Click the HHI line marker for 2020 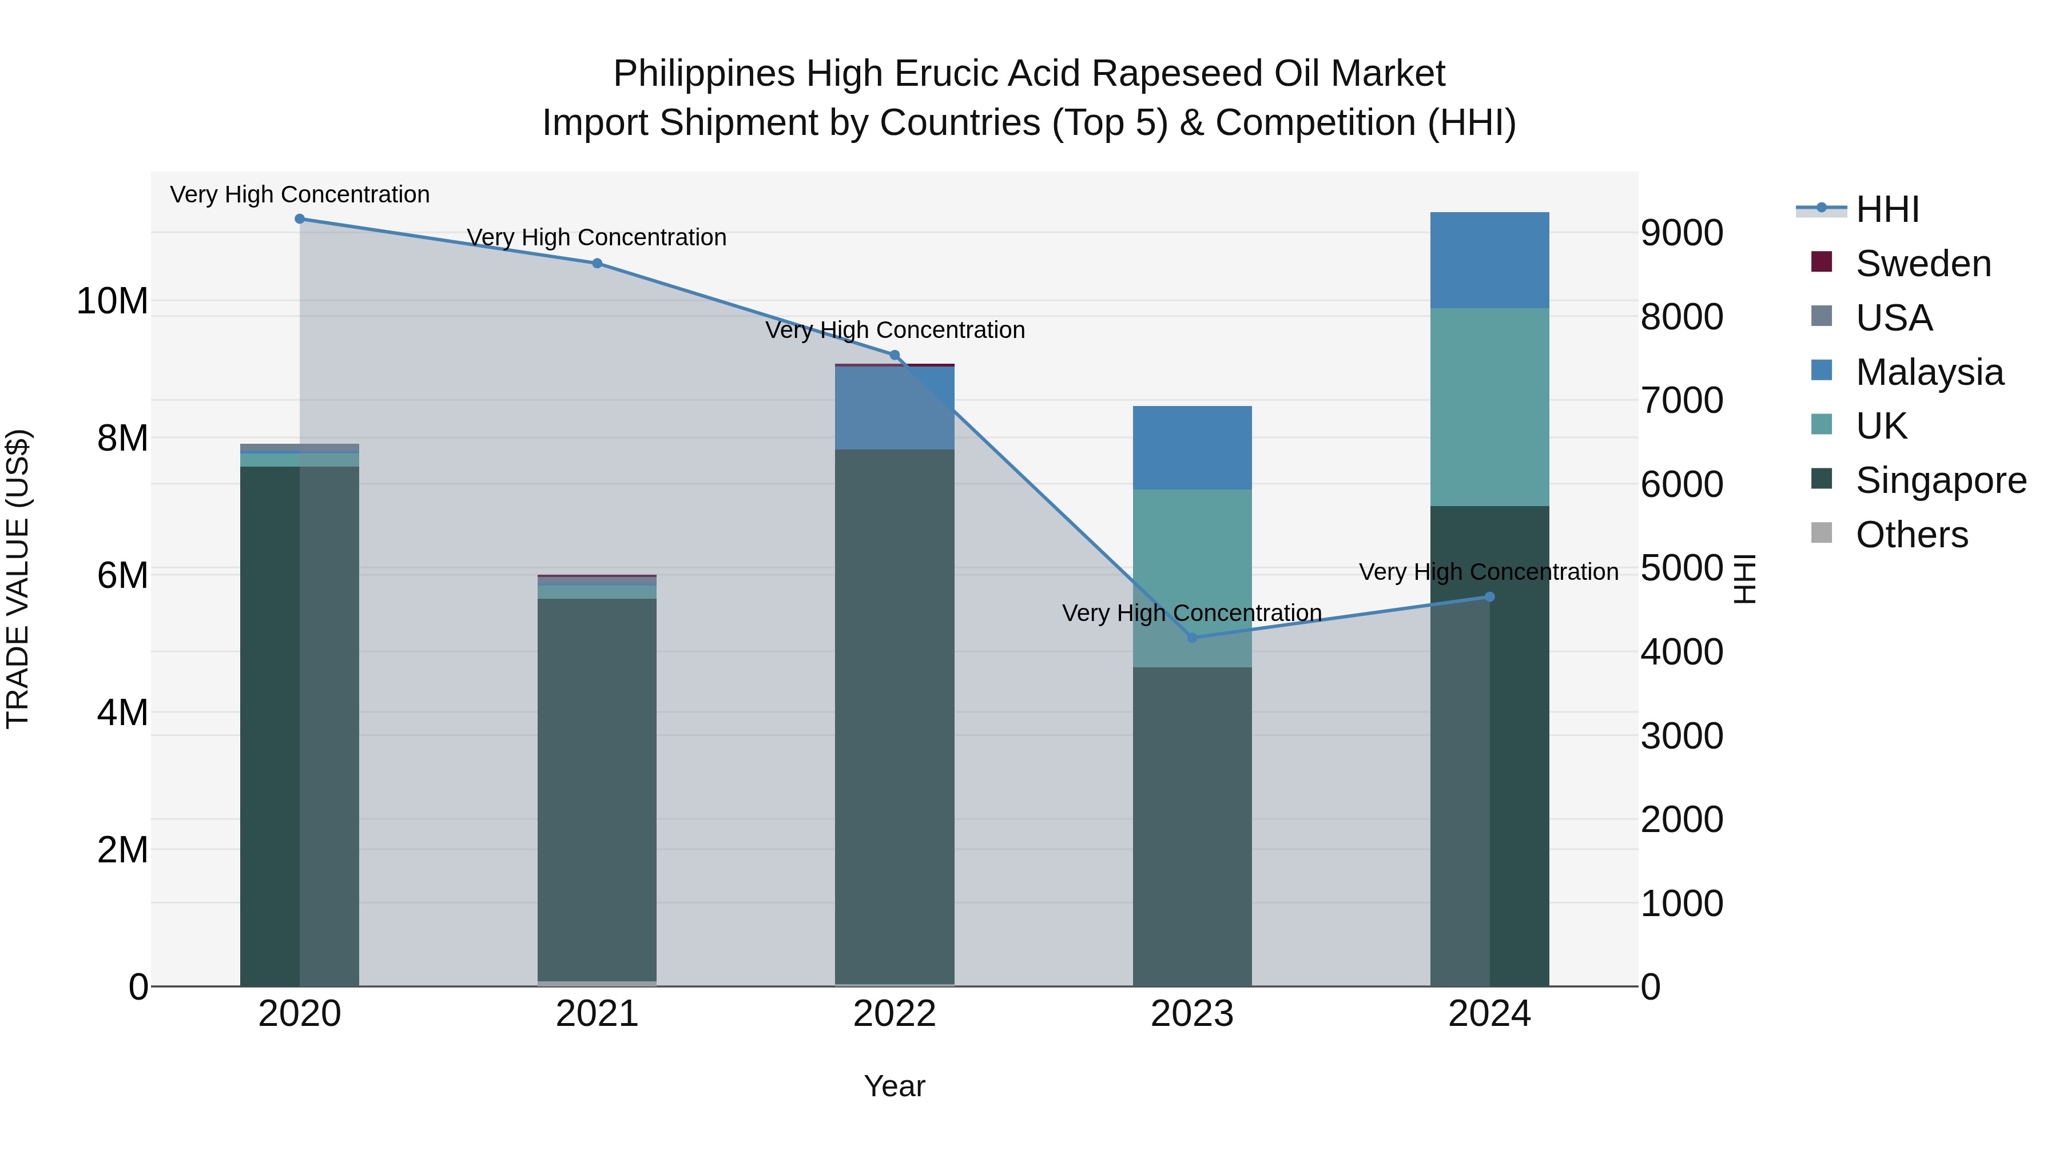[300, 219]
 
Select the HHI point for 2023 [1192, 637]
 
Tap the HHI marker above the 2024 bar [1489, 597]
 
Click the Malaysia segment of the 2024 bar [1489, 261]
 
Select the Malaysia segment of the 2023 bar [1192, 448]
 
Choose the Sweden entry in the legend [1922, 264]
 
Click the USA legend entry [1894, 318]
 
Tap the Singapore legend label [1941, 480]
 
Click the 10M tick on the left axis [112, 301]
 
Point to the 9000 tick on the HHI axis [1682, 233]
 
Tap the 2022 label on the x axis [895, 1014]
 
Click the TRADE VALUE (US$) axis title [18, 579]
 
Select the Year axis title [895, 1086]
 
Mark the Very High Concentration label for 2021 [597, 237]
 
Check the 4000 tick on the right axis [1682, 652]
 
